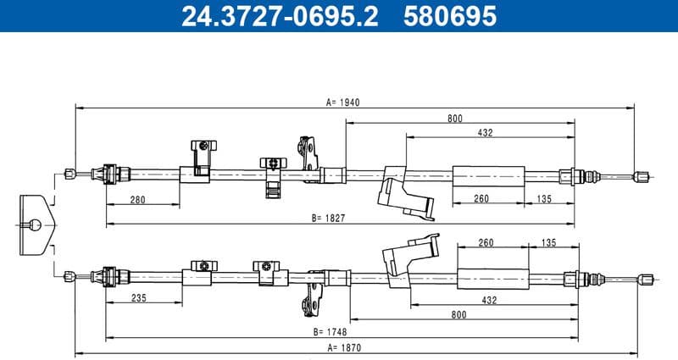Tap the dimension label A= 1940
point(343,102)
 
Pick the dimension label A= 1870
point(343,346)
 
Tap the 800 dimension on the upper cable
point(455,119)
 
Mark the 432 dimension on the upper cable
point(486,132)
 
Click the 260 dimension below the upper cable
point(481,199)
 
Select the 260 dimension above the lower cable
point(486,243)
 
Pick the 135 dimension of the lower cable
point(547,243)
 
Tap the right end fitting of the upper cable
point(642,176)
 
